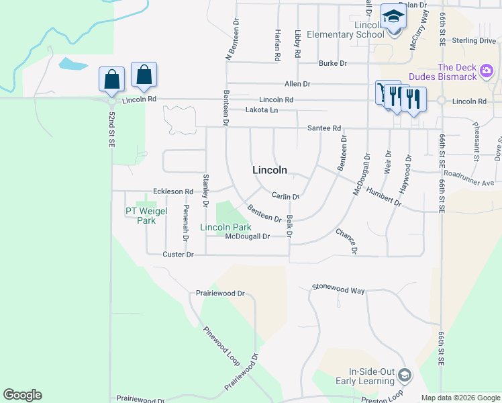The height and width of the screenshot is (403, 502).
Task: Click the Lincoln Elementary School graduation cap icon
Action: point(393,17)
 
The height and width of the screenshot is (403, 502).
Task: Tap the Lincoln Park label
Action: point(225,228)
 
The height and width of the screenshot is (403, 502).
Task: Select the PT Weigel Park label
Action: point(141,216)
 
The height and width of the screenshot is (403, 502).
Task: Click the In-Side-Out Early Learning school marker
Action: point(404,373)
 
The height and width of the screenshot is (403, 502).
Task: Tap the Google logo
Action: point(22,395)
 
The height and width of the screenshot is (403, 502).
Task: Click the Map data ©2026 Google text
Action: point(460,397)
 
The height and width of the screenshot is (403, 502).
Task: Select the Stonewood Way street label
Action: point(338,289)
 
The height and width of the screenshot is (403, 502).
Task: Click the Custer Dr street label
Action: point(178,255)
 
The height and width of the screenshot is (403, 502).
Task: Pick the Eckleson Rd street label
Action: point(173,191)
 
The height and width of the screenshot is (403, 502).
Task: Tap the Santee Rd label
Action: point(324,128)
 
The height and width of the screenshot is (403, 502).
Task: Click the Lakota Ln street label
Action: point(261,109)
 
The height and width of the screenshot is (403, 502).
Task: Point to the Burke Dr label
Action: point(333,63)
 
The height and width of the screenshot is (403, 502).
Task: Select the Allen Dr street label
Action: point(297,84)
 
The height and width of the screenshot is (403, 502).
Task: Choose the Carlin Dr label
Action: point(285,196)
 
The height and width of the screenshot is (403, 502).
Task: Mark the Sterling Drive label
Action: point(474,41)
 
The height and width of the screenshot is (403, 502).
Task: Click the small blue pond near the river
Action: point(73,64)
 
